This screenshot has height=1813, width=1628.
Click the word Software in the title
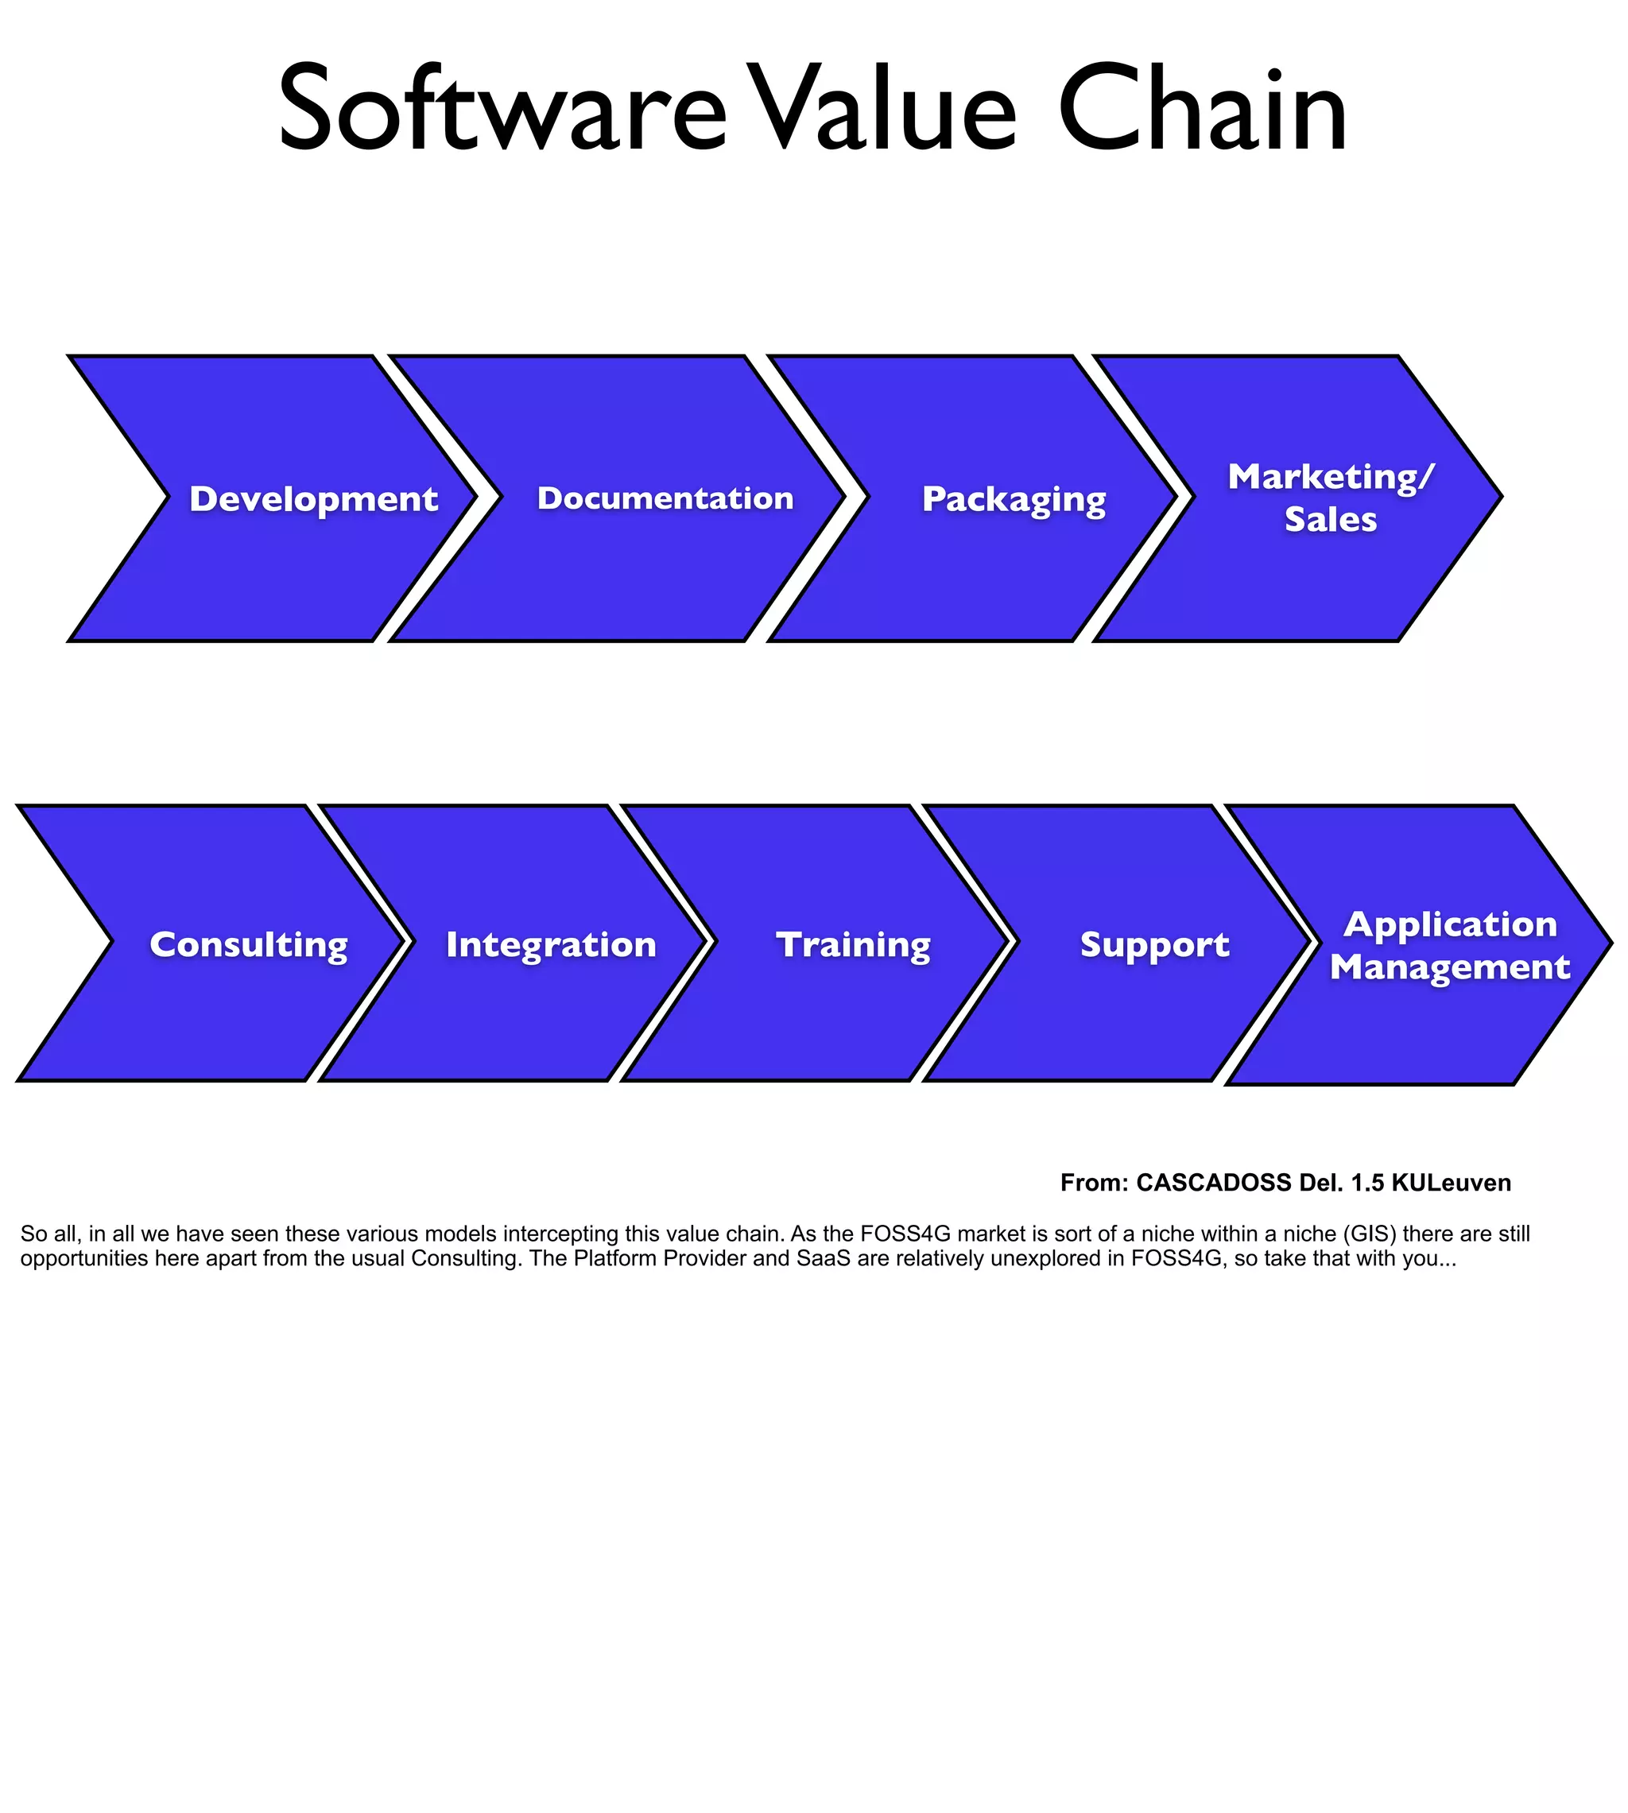[x=502, y=109]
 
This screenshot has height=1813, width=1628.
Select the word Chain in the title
[x=1202, y=109]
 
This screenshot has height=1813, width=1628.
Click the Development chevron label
[x=313, y=499]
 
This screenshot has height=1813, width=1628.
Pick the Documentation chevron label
[x=665, y=498]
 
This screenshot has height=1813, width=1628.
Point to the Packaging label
[x=1014, y=500]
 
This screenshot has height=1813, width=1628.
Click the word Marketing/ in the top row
[x=1330, y=477]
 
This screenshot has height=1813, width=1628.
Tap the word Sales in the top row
[x=1330, y=520]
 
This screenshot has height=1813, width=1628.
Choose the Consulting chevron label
[x=249, y=945]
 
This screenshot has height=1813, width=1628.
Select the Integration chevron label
[x=551, y=944]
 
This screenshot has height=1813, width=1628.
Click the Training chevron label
[x=854, y=945]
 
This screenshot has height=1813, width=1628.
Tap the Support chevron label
[x=1155, y=945]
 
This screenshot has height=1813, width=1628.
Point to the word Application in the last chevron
[x=1450, y=924]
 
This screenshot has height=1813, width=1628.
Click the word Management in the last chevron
[x=1450, y=967]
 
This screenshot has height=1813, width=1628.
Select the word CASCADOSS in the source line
[x=1213, y=1183]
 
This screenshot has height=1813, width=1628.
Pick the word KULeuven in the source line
[x=1451, y=1183]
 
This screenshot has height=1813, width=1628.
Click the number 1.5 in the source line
[x=1366, y=1183]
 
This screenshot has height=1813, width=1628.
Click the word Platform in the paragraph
[x=620, y=1258]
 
